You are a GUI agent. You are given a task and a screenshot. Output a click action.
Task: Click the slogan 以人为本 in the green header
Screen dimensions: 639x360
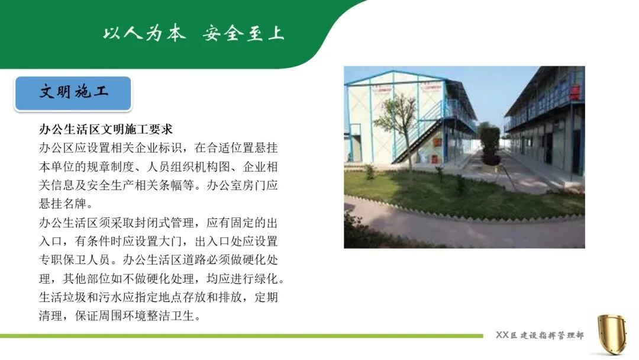coord(144,33)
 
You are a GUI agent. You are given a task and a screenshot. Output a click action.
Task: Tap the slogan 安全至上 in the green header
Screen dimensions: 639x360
coord(243,33)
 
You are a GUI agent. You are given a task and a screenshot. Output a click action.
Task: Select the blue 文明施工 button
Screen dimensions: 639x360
coord(73,94)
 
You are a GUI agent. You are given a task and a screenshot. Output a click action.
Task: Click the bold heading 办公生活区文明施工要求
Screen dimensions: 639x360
coord(106,129)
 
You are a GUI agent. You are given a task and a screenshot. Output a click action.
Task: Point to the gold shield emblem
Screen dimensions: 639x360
coord(612,334)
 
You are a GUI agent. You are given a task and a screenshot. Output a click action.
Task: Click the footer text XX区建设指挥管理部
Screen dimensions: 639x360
coord(540,335)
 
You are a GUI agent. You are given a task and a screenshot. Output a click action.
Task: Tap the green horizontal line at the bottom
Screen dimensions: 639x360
coord(241,336)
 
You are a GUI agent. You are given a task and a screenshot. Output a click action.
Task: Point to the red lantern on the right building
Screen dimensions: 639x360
coord(575,92)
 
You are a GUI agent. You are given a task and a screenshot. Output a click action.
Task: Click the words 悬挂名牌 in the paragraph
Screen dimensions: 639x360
coord(63,204)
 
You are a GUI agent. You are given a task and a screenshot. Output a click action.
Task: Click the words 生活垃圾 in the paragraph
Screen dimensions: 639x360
coord(63,297)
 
